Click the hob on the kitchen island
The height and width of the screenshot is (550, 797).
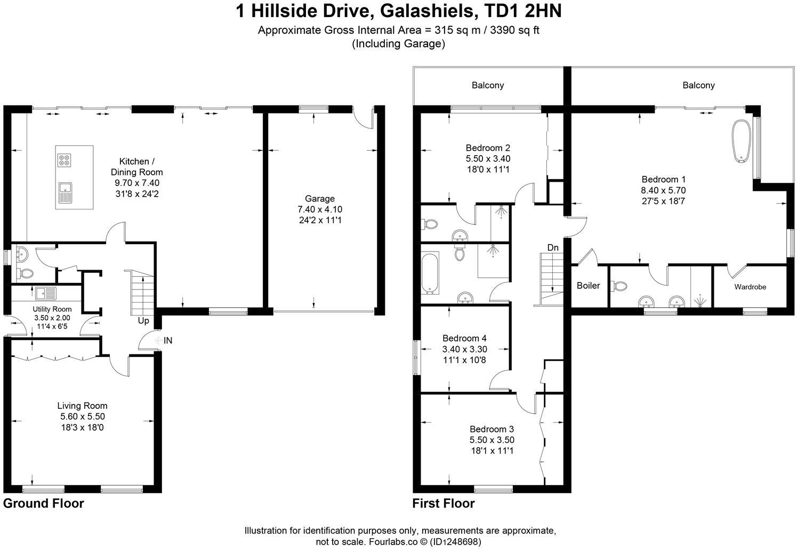pos(66,160)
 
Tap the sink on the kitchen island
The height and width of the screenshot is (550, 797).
pos(66,192)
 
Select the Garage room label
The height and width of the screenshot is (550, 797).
pos(320,198)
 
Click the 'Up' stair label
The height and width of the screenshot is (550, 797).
pos(143,321)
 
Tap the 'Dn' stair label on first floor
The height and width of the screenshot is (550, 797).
pos(553,247)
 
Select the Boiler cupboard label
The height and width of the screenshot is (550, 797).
pos(588,286)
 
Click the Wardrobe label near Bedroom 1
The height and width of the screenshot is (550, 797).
pos(750,287)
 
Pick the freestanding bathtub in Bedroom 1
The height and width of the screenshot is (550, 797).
pos(741,140)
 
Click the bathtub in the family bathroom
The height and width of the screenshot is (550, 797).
pos(429,273)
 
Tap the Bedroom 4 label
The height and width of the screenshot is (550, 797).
pos(464,338)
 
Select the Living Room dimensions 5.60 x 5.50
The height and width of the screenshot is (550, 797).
pos(83,417)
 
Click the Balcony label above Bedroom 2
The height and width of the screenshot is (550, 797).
pos(487,85)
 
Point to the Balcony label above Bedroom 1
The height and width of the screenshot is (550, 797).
pos(698,85)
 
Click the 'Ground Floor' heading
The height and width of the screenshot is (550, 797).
pos(44,503)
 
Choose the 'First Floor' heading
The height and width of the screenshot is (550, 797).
pos(444,503)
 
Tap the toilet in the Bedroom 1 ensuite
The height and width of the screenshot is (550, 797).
pos(620,287)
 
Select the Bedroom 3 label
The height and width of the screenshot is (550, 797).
pos(492,429)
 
